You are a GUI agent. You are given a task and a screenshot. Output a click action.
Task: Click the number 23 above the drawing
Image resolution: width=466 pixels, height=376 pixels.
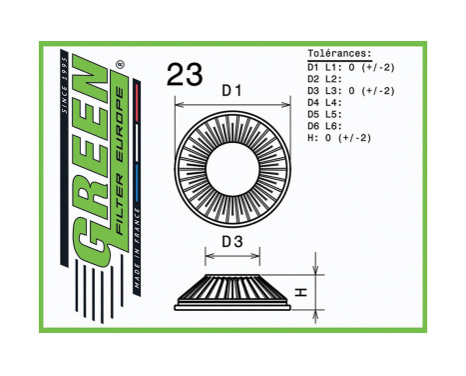click(185, 74)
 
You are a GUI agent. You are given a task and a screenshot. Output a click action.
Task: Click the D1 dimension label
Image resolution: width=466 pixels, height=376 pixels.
click(232, 91)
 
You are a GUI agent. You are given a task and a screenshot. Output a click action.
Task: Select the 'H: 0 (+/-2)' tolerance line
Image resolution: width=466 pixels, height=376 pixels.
click(339, 138)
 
